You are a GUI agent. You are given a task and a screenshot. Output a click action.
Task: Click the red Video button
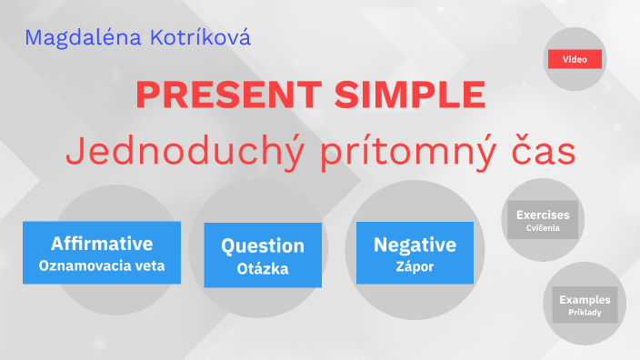click(x=575, y=59)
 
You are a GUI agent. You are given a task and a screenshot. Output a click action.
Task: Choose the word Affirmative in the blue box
click(x=102, y=244)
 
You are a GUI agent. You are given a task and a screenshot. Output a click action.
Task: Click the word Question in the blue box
click(x=263, y=245)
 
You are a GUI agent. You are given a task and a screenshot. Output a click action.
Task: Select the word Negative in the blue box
click(x=415, y=245)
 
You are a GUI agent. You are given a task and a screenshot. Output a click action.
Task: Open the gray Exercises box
click(x=543, y=220)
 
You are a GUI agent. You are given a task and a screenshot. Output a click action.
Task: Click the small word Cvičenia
click(x=543, y=229)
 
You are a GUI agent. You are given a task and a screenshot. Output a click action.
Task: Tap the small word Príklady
click(x=585, y=314)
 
